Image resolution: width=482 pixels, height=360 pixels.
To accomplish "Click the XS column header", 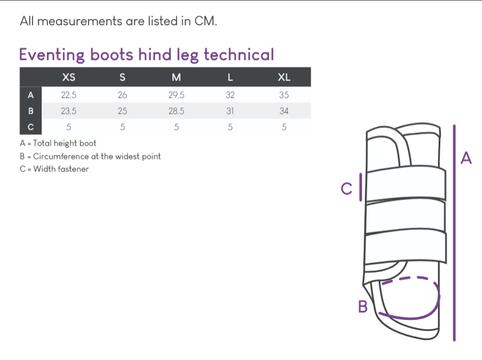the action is [x=69, y=77].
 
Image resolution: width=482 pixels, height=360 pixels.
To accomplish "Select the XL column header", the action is [x=284, y=77].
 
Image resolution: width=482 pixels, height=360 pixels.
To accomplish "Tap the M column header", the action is [x=176, y=77].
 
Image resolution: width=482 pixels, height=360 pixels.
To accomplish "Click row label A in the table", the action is [x=30, y=95].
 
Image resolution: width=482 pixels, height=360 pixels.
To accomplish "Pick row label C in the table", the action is [x=30, y=127].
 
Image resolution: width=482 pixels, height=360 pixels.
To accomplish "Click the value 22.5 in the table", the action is [x=69, y=95].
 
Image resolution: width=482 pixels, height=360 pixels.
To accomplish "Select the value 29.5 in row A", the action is [x=176, y=95].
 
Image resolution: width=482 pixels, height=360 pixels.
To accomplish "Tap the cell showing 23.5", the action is [x=69, y=111].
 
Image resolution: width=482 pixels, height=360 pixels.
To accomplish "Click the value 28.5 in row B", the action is [x=176, y=111].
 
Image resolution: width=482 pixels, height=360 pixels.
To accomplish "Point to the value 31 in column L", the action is [x=230, y=111].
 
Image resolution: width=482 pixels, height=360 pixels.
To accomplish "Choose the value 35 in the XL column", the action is [x=284, y=95].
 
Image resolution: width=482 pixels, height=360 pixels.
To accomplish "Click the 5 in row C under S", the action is [x=122, y=127].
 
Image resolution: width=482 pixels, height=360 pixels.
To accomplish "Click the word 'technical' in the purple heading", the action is [x=239, y=55].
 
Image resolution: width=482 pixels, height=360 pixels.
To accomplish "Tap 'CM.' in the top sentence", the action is [x=206, y=21].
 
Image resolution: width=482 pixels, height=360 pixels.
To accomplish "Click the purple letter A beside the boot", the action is [x=466, y=158].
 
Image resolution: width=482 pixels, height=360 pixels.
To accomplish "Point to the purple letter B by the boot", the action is [x=363, y=306].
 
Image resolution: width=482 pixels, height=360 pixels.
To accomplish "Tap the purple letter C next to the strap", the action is [x=347, y=189].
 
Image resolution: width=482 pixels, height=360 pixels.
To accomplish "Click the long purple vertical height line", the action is [x=455, y=233].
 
